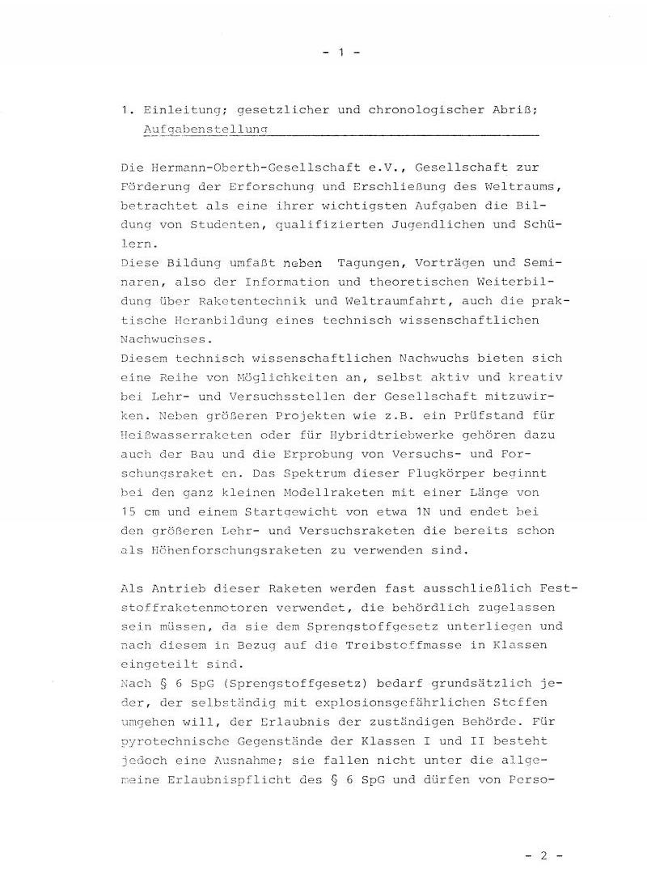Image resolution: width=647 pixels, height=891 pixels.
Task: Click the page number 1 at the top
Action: pyautogui.click(x=340, y=52)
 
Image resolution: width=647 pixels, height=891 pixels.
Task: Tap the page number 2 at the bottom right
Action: pyautogui.click(x=543, y=855)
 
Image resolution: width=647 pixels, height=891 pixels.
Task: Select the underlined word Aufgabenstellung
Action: pyautogui.click(x=205, y=129)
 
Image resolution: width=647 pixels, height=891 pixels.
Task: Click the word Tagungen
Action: pyautogui.click(x=373, y=262)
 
